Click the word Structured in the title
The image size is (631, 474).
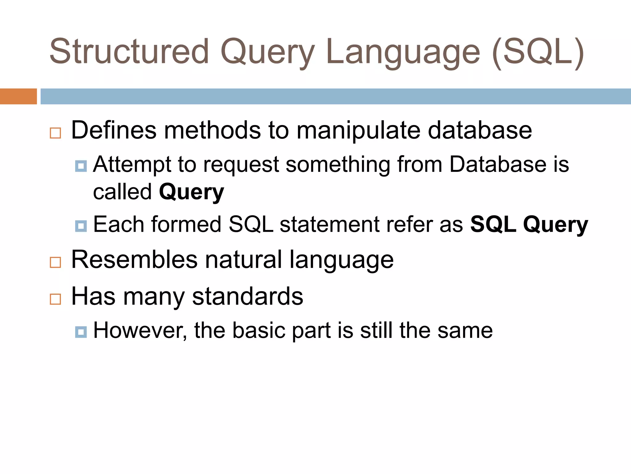(x=129, y=52)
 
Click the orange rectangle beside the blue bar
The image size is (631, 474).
(x=18, y=96)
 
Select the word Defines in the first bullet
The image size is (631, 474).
(x=114, y=130)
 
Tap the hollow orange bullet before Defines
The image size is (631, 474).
(x=55, y=133)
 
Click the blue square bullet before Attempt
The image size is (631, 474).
(x=81, y=166)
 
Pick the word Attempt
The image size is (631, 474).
(x=132, y=164)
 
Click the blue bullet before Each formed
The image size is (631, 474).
(x=81, y=226)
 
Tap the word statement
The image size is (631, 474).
(x=329, y=224)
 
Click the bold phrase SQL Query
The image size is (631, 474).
(x=529, y=225)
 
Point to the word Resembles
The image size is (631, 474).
(x=134, y=260)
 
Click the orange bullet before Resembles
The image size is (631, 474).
(x=55, y=262)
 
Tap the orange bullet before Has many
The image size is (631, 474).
(x=55, y=299)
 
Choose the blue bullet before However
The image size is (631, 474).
(x=81, y=332)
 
